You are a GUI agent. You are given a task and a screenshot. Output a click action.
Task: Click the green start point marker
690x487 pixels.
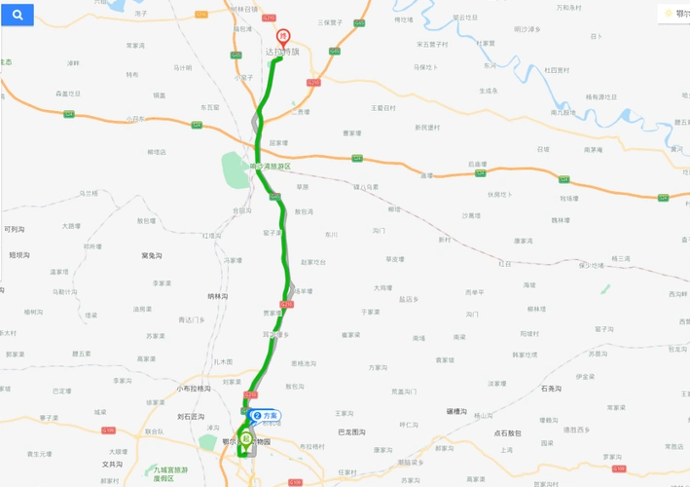click(x=246, y=439)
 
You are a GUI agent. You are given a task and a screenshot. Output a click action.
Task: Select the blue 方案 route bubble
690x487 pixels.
click(x=264, y=415)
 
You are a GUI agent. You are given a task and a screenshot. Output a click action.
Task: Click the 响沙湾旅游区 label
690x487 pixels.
click(x=270, y=167)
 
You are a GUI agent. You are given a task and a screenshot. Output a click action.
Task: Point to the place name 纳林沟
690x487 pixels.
click(x=218, y=295)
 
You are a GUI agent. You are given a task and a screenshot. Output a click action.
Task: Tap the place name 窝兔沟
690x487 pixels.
click(x=151, y=255)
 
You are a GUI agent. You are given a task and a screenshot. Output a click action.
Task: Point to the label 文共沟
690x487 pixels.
click(x=112, y=465)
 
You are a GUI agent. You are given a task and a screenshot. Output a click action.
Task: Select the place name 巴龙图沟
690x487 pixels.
click(x=350, y=431)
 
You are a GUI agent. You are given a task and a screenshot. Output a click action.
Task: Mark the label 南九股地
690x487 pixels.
click(x=563, y=113)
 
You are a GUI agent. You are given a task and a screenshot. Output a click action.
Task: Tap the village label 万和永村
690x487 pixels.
click(x=568, y=7)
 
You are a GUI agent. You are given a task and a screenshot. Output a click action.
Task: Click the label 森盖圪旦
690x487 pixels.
click(x=68, y=94)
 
